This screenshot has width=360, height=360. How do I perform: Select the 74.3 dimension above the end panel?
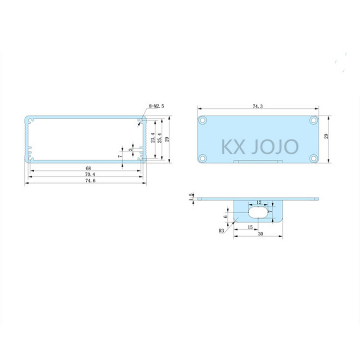(258, 106)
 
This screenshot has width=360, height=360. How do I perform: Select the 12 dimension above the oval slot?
(258, 202)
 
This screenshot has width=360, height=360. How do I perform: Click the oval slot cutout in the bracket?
(258, 212)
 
